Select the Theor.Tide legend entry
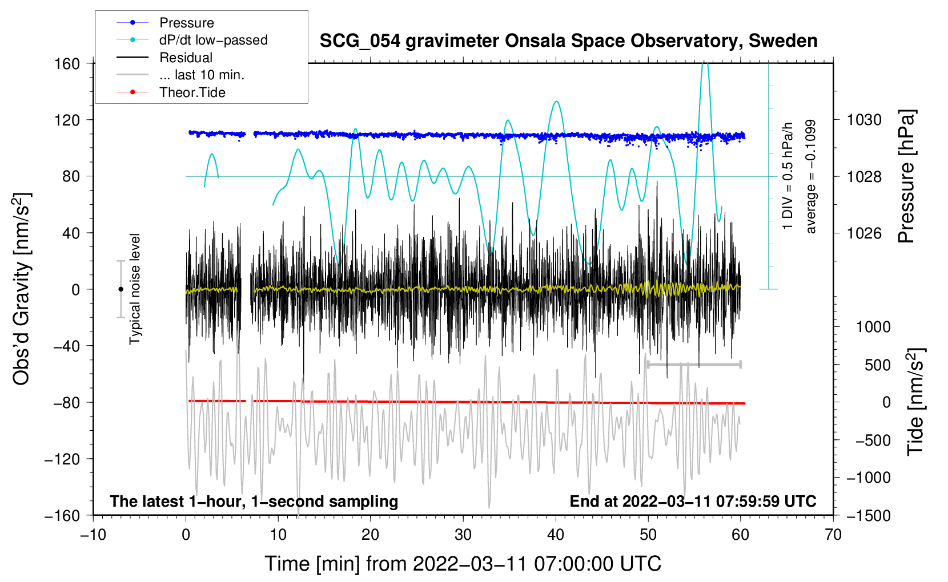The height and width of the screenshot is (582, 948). tap(192, 92)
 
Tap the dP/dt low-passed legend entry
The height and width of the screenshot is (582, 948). tap(213, 40)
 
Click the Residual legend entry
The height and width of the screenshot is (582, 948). tap(186, 58)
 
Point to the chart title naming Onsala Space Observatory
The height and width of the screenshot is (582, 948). tap(568, 41)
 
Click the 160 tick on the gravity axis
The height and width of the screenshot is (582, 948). tap(67, 64)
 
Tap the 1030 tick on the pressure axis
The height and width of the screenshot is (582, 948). tap(864, 120)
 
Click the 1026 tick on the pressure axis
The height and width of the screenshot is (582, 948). tap(864, 233)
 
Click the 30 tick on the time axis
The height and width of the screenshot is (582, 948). tap(463, 535)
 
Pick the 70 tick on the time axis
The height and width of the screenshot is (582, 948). tap(833, 535)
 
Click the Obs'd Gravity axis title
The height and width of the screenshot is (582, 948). tap(22, 289)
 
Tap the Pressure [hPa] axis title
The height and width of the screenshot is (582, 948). tap(907, 177)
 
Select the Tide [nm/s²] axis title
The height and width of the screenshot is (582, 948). tap(915, 402)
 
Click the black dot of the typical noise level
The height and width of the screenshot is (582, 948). tap(120, 289)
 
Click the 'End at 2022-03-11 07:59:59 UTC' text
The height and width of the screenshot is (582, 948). tap(693, 502)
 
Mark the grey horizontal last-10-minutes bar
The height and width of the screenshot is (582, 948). tap(694, 365)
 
